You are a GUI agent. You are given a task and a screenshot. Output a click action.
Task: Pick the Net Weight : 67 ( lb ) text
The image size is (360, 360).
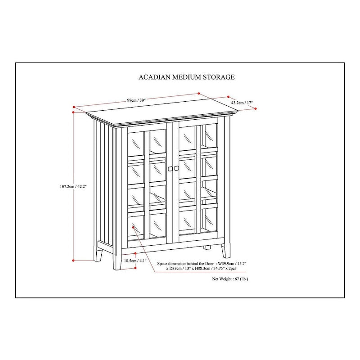point(230,279)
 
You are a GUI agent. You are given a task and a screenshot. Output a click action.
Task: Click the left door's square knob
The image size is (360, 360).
point(170,168)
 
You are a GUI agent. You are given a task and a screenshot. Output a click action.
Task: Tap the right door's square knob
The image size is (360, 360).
point(176,168)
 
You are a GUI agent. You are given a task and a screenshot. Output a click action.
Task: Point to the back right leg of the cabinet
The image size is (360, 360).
point(207,248)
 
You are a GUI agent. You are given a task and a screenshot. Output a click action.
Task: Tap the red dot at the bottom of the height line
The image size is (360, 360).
point(73,260)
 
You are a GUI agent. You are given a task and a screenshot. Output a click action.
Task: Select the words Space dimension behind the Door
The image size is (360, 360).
point(185,264)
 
